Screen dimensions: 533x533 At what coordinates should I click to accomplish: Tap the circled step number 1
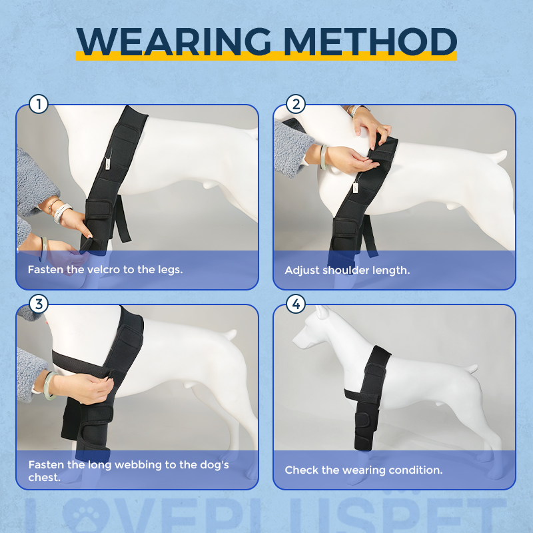click(x=39, y=104)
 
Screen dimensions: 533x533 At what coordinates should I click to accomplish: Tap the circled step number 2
click(x=296, y=104)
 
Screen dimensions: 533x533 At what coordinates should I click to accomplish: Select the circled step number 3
click(x=39, y=304)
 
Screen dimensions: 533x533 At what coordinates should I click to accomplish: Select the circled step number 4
click(x=296, y=304)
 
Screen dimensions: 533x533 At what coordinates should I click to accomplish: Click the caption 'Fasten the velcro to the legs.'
click(x=105, y=270)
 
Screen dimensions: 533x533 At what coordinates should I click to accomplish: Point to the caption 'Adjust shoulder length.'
click(x=347, y=270)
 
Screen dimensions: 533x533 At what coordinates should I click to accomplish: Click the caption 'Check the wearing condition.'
click(x=363, y=470)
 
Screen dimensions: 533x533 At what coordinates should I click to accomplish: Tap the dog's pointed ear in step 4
click(x=322, y=312)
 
